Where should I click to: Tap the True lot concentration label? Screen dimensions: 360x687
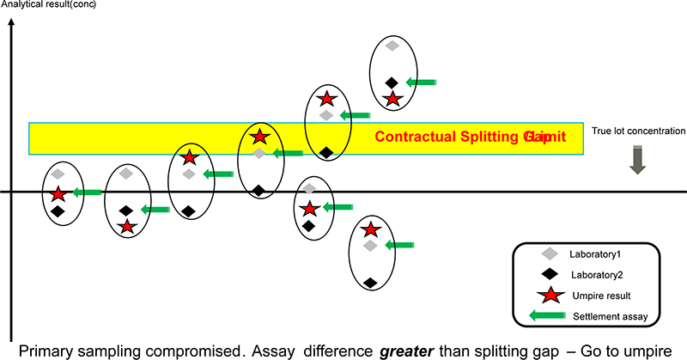[x=638, y=131]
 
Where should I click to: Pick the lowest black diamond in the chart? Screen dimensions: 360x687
[x=369, y=282]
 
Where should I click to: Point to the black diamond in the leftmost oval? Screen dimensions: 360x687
[x=58, y=211]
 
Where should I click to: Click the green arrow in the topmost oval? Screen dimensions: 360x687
[x=421, y=82]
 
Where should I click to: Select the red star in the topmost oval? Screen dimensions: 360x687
[x=392, y=97]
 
